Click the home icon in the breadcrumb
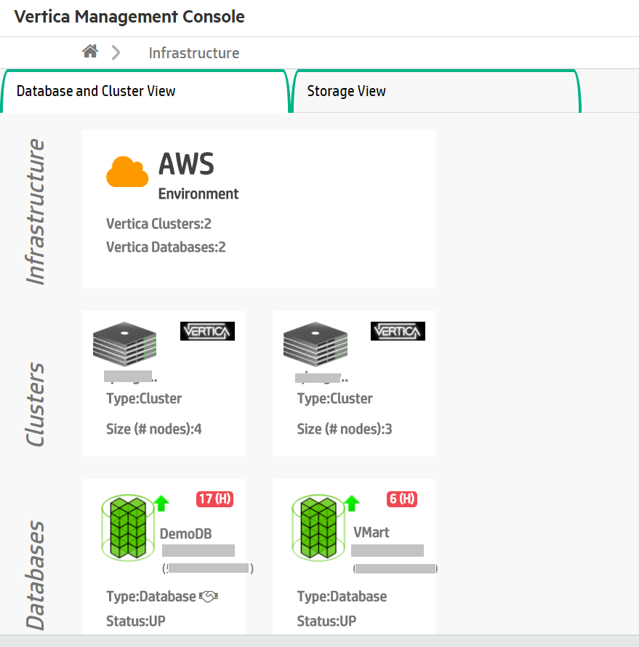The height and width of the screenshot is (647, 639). point(90,52)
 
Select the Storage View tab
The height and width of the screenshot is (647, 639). point(346,91)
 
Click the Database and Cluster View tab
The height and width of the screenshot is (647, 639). point(96,91)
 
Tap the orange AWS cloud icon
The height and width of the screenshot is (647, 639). point(127,172)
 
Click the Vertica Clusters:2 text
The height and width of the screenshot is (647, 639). point(158,223)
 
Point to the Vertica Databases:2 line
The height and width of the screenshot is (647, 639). point(166,247)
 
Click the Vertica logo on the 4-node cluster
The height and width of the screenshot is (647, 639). point(207,331)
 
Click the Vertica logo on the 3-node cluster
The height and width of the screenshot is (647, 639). point(398,331)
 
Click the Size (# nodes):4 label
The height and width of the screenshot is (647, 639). point(154,429)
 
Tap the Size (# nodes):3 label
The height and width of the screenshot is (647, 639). point(345,429)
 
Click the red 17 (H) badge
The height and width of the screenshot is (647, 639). point(214,499)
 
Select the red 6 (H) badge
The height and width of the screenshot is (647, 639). point(402,499)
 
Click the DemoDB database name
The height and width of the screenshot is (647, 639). point(186,534)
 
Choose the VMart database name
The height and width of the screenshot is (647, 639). point(371,532)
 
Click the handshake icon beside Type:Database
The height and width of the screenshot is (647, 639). point(209,597)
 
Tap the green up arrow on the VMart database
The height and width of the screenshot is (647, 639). point(352,503)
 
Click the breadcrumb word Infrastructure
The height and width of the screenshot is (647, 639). point(193,53)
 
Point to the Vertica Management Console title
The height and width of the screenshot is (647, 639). point(129,17)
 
